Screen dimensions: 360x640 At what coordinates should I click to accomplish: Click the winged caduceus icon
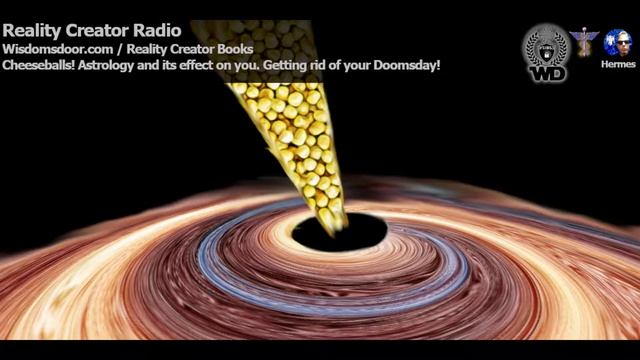585,40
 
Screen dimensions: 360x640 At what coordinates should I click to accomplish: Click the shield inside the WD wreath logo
545,44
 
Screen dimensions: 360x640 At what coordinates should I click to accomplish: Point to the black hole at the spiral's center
345,232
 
